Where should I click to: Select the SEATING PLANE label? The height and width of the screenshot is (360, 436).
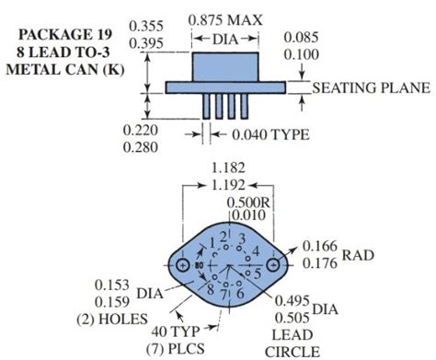372,88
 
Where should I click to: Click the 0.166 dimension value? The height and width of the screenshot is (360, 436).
320,245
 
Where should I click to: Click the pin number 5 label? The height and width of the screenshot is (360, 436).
258,273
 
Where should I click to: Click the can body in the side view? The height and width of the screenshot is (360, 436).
226,66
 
